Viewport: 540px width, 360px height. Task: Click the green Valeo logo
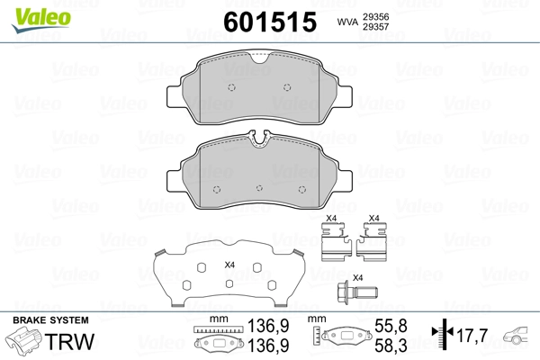click(x=41, y=20)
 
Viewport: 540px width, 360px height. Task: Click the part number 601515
click(x=270, y=22)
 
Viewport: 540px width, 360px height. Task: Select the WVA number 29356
click(x=375, y=16)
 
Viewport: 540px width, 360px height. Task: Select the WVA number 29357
click(x=375, y=26)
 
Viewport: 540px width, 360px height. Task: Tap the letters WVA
click(x=347, y=22)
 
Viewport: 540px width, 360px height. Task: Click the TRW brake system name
click(x=69, y=341)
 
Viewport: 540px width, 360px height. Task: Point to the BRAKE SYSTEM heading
click(x=50, y=320)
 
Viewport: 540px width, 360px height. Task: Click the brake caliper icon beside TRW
click(x=24, y=340)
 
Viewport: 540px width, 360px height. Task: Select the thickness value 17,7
click(x=472, y=335)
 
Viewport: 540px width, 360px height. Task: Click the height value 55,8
click(x=391, y=326)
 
